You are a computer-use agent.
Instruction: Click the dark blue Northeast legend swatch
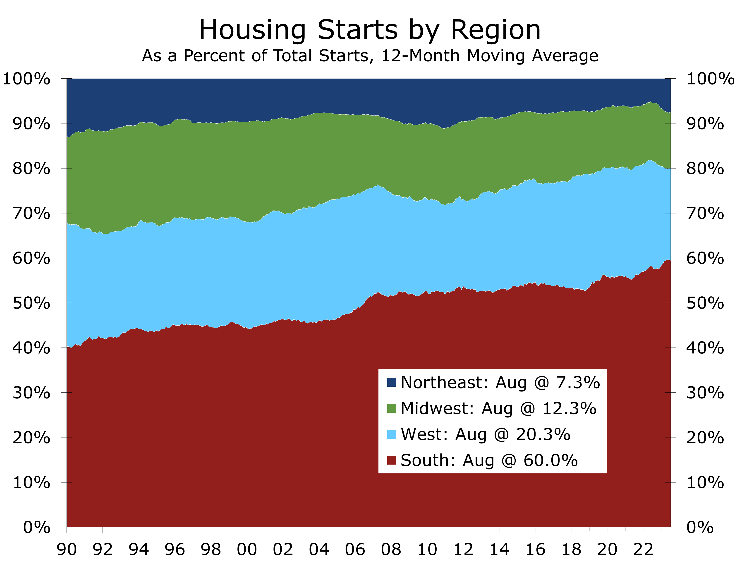391,382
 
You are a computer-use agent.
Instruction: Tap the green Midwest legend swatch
391,408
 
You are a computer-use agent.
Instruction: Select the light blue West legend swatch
391,434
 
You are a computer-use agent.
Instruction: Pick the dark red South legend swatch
391,460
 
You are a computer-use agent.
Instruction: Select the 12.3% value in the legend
569,408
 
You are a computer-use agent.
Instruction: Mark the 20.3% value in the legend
543,434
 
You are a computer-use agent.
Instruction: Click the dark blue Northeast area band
337,96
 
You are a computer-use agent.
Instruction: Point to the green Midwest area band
337,155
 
